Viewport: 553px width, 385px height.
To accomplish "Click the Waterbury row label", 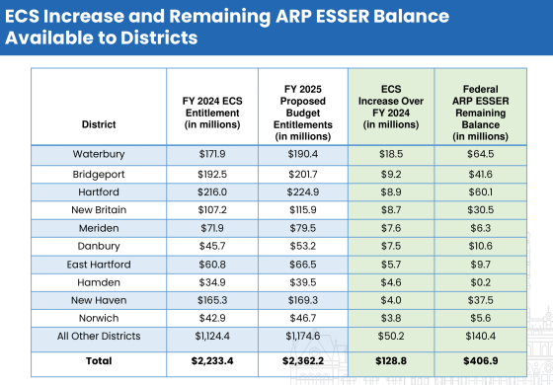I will coord(98,155).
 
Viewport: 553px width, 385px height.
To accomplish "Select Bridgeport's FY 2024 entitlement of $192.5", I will coord(212,173).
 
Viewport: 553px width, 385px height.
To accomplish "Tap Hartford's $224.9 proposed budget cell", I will coord(303,192).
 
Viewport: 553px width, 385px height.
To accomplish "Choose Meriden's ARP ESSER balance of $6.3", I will coord(478,228).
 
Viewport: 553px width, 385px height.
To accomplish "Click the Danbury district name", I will coord(98,247).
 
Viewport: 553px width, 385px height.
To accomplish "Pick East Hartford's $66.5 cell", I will coord(303,266).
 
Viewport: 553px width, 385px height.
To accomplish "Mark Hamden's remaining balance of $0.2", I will coord(478,283).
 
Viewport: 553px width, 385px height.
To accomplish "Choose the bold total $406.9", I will coord(478,361).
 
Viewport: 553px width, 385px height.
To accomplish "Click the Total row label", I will coord(98,361).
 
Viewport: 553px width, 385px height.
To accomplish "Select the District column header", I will coord(98,125).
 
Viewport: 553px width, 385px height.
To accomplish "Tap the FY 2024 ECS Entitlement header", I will coord(212,107).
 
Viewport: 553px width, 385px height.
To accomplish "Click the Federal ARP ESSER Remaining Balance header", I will coord(478,107).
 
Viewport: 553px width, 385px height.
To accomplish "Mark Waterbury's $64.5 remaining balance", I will coord(478,155).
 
